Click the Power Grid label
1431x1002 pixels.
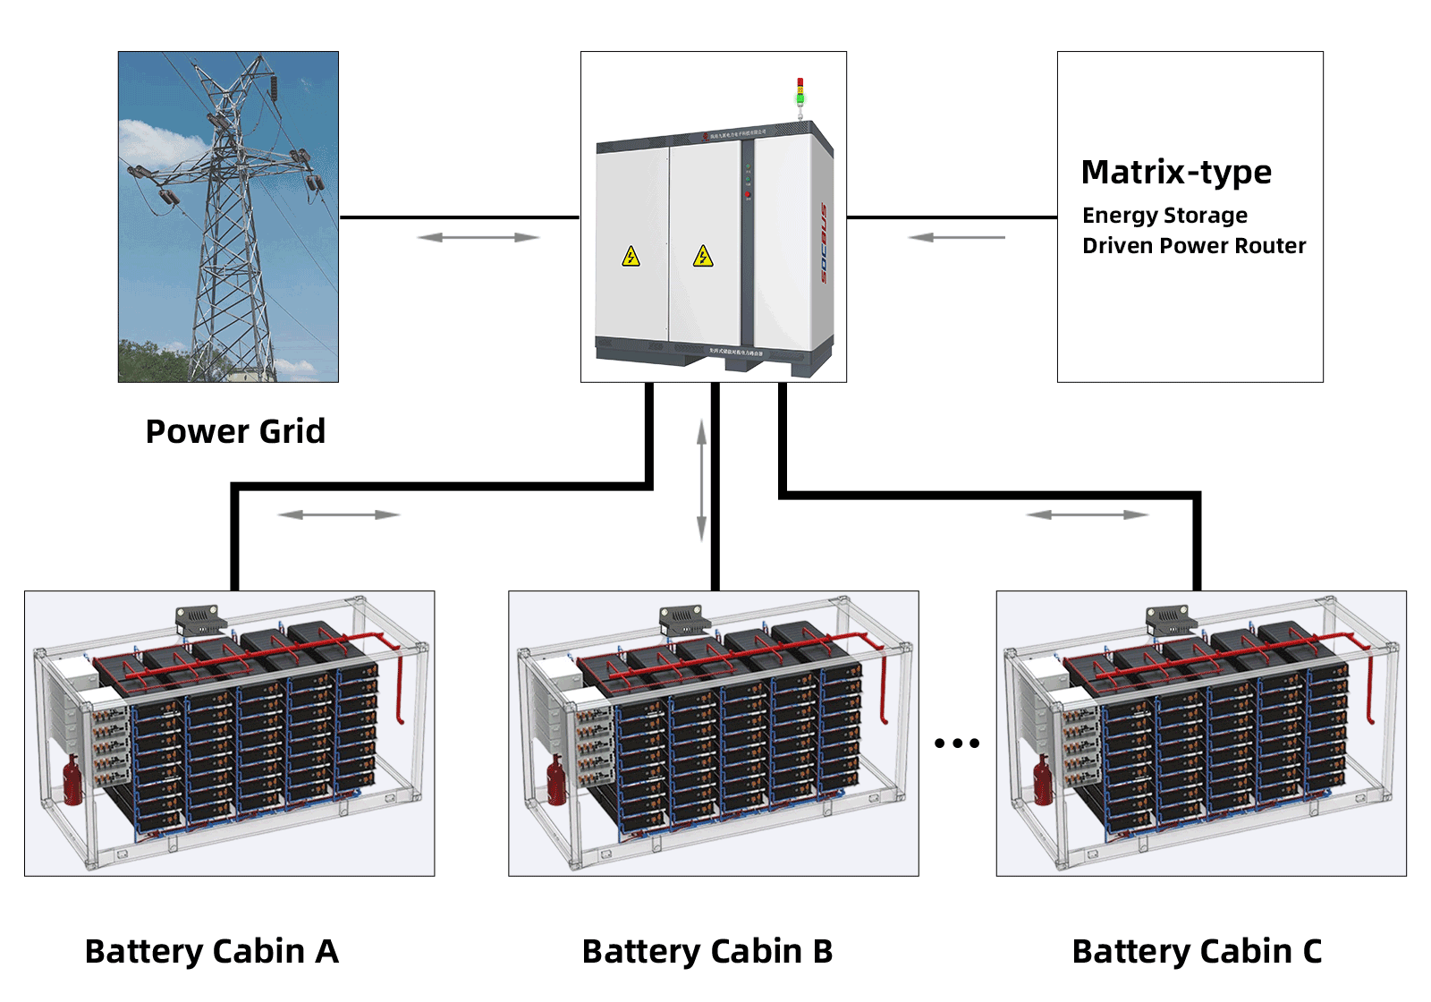[235, 431]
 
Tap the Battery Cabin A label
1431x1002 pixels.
[212, 951]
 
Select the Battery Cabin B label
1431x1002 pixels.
[707, 951]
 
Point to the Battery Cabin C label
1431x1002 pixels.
[1197, 951]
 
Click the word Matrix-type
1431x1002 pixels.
[1176, 172]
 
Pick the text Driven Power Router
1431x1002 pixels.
[1194, 246]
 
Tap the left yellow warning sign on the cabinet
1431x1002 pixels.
[631, 258]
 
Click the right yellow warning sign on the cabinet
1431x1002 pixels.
[703, 258]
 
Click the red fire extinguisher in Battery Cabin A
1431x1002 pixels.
[72, 780]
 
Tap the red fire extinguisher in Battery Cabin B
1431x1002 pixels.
[555, 780]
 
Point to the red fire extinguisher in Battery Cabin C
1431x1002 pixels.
[1043, 780]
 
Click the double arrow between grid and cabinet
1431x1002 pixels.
[478, 237]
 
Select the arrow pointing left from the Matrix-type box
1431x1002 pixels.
[956, 237]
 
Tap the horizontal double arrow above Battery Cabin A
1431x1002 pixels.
[339, 514]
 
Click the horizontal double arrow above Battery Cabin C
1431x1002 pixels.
[1088, 514]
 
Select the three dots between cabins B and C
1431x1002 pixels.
[957, 743]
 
